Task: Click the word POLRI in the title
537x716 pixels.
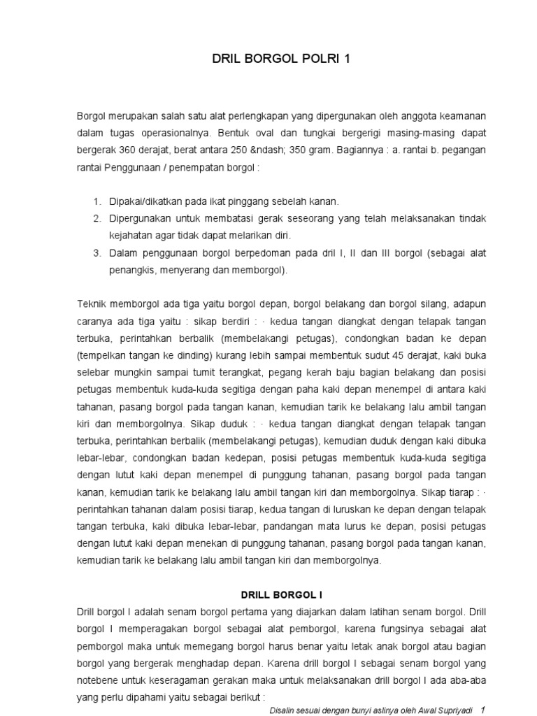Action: (313, 59)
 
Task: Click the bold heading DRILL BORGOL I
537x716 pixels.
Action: (281, 595)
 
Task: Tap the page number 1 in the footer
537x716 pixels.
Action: (482, 710)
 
